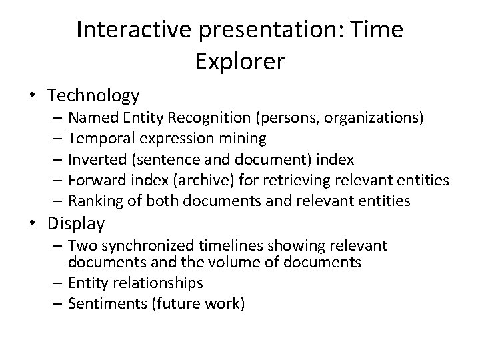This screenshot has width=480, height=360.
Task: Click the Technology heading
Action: coord(94,96)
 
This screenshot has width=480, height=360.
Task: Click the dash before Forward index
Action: coord(55,180)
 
